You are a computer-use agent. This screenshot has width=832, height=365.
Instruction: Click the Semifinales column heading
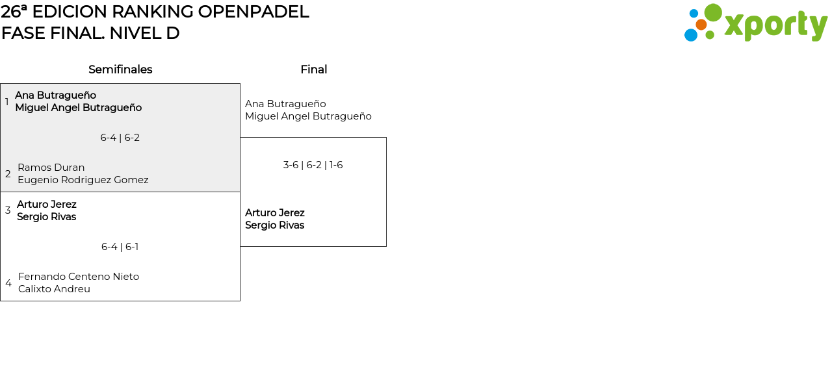[120, 69]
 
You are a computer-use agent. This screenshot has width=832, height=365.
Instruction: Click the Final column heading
[314, 69]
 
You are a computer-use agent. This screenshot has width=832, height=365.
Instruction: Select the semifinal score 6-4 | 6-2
[120, 138]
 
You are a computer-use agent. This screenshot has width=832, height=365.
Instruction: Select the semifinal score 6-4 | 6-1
[120, 247]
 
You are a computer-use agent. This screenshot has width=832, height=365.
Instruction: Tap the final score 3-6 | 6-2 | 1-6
[313, 165]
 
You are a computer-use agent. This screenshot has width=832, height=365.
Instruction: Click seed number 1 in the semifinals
[6, 101]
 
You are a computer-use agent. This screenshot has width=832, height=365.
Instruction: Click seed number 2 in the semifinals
[8, 173]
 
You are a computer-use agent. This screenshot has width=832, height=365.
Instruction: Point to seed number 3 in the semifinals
[8, 210]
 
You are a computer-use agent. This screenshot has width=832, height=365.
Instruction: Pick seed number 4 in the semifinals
[8, 283]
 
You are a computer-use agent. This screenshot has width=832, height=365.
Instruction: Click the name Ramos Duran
[51, 168]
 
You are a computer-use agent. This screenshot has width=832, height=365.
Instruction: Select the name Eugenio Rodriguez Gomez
[83, 180]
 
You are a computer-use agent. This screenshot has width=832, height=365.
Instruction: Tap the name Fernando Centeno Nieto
[79, 276]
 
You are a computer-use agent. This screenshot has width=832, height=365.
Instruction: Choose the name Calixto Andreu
[54, 289]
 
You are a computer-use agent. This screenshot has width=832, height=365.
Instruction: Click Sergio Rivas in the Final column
[275, 225]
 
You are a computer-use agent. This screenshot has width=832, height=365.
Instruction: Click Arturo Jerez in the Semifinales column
[47, 205]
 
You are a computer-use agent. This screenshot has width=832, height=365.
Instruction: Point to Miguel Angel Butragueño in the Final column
[308, 116]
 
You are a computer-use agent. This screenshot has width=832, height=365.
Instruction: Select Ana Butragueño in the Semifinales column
[56, 95]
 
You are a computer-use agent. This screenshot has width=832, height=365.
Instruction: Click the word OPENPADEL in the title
[253, 12]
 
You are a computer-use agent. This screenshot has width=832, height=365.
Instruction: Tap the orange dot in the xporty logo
[701, 25]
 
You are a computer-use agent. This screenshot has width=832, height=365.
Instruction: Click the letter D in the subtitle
[173, 33]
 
